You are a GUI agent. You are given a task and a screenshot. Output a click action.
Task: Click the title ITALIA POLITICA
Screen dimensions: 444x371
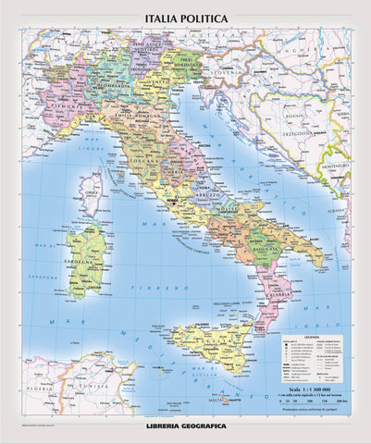point(186,18)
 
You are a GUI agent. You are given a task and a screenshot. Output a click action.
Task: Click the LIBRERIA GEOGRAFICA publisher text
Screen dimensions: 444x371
point(186,434)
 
